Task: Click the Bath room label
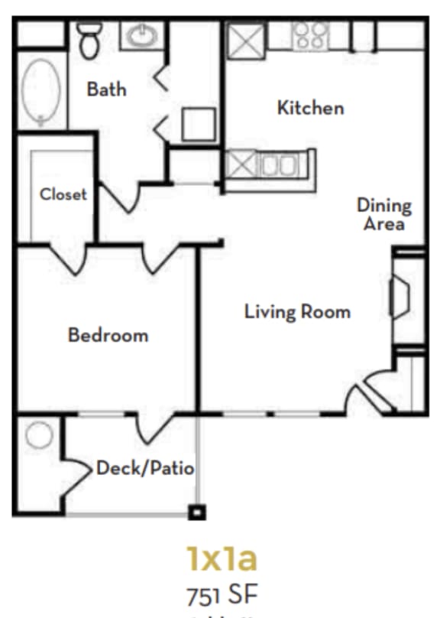click(106, 89)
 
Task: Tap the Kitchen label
click(310, 108)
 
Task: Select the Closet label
click(63, 194)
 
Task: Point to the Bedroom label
click(108, 335)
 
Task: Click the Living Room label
click(297, 312)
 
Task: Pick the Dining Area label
click(383, 215)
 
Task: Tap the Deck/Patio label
click(145, 468)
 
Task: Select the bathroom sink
click(142, 35)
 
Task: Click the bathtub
click(37, 93)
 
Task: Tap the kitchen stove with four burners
click(310, 37)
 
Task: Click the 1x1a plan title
click(222, 559)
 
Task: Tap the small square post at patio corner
click(197, 512)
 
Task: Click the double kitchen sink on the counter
click(278, 164)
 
